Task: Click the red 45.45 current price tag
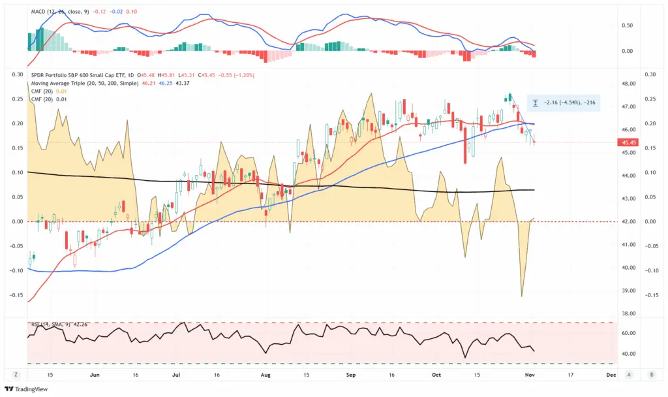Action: pos(630,142)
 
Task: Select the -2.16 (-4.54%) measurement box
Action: pos(563,103)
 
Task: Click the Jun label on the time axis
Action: pos(95,375)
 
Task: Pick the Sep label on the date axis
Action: pos(350,375)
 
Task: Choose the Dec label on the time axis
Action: pos(611,375)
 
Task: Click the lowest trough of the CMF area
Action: pos(522,296)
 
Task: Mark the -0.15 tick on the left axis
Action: pos(15,295)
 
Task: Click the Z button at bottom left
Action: pos(15,375)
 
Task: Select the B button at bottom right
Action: pos(651,375)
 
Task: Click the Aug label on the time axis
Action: pos(265,375)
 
